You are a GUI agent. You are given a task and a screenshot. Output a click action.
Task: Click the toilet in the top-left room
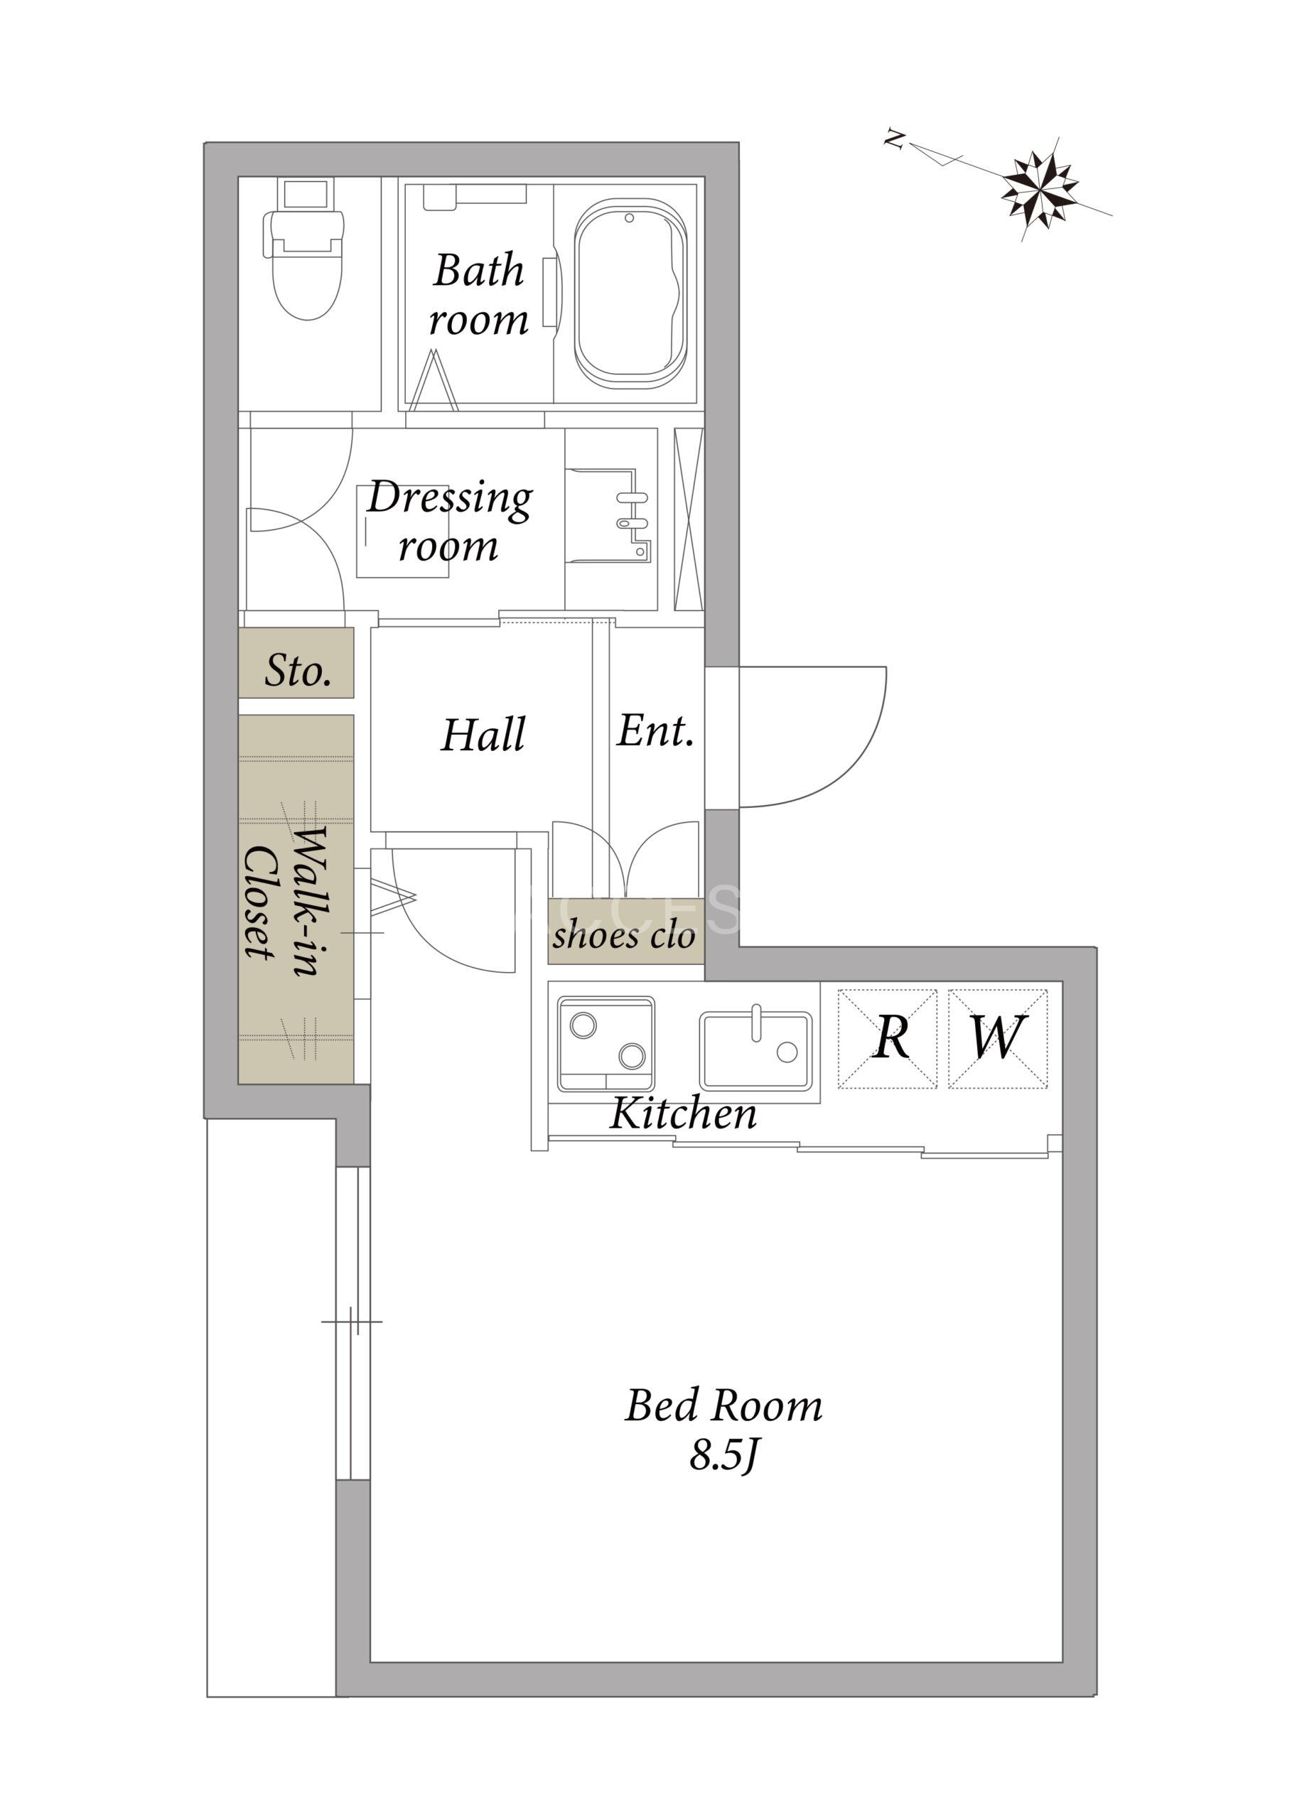tap(303, 249)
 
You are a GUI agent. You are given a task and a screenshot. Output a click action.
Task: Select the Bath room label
tap(478, 295)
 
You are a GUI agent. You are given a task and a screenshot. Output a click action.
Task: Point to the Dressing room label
tap(450, 522)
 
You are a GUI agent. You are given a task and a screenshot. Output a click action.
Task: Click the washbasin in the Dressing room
tap(608, 516)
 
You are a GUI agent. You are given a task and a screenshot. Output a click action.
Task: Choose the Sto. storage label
tap(298, 670)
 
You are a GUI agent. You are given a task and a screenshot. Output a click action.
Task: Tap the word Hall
tap(483, 735)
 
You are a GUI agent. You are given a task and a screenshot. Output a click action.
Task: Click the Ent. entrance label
tap(655, 730)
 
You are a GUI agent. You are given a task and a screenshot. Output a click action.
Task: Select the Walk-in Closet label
tap(284, 900)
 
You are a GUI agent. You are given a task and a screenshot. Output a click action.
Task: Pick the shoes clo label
tap(623, 936)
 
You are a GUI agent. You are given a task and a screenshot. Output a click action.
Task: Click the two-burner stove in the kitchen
tap(606, 1043)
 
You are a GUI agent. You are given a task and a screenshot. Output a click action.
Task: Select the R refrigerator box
tap(888, 1038)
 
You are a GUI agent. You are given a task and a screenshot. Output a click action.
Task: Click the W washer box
tap(998, 1038)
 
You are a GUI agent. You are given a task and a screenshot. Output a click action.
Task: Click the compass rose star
tap(1040, 188)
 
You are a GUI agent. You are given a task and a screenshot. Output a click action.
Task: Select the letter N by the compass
tap(895, 140)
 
